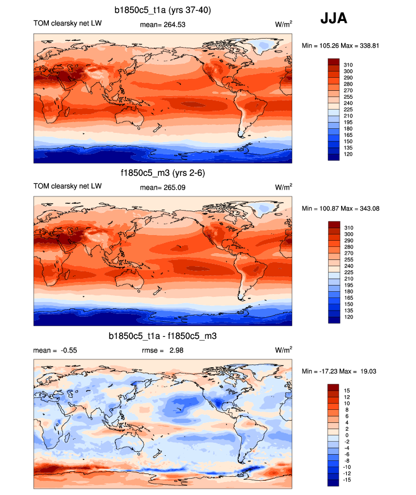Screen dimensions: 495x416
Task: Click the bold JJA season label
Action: [x=334, y=18]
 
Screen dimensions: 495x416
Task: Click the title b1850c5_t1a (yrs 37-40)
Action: [x=163, y=10]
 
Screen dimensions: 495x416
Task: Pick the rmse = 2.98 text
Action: [x=162, y=350]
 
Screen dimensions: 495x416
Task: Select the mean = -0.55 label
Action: [x=55, y=350]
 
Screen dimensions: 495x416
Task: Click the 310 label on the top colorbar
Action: [x=348, y=65]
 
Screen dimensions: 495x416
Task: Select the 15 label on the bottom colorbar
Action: [x=347, y=391]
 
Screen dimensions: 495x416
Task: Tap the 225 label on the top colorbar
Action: [x=348, y=110]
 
